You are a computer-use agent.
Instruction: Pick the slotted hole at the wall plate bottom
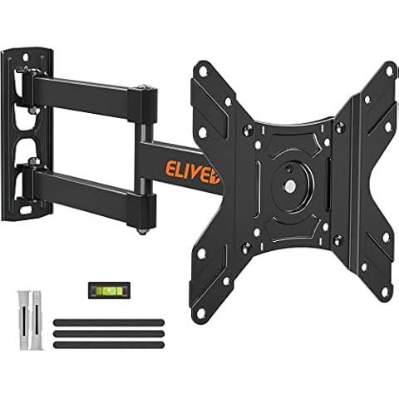click(x=32, y=213)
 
